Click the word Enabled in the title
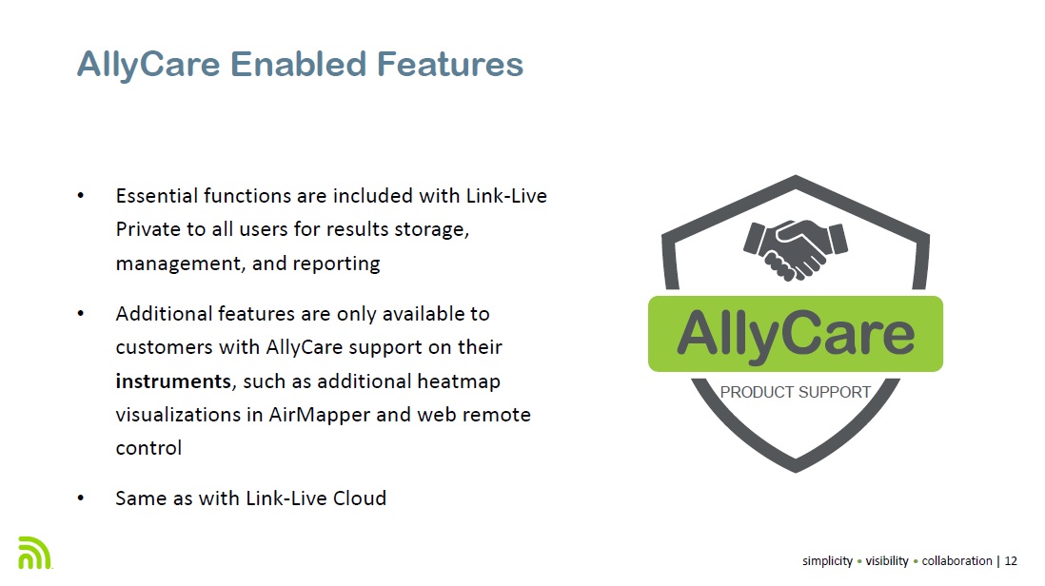298,65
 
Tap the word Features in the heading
450,65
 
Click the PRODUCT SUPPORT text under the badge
795,392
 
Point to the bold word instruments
173,381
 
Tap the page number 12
1011,560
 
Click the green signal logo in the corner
34,553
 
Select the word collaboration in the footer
956,560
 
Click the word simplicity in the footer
827,561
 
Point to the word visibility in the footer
886,560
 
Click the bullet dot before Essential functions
81,196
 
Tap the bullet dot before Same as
81,498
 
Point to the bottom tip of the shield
795,472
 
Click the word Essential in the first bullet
157,196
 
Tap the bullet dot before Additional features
81,314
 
